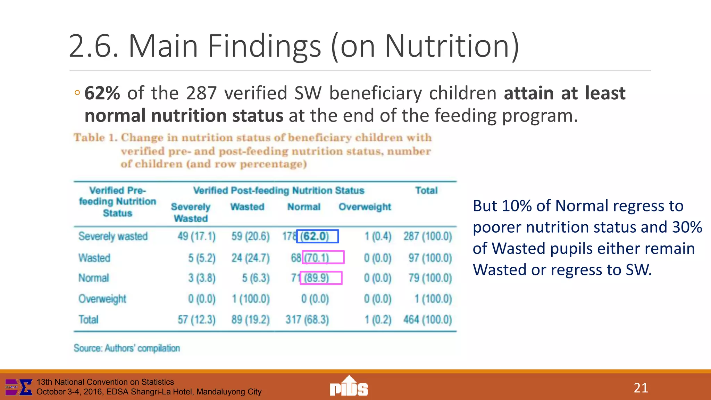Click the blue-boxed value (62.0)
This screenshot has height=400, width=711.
[x=317, y=236]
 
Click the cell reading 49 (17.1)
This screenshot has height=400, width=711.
[x=196, y=236]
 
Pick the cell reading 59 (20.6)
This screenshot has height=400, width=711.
[x=250, y=236]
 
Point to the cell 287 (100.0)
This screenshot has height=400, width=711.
[x=427, y=236]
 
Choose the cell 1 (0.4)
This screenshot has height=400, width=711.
[x=378, y=236]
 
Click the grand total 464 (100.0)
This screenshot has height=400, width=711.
[x=427, y=319]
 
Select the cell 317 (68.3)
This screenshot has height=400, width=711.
[x=307, y=319]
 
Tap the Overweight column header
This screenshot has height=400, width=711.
[x=365, y=207]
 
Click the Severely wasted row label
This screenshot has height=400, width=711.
[x=113, y=236]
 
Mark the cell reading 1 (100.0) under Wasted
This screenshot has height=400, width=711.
[x=250, y=299]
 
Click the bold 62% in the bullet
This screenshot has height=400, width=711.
[x=102, y=93]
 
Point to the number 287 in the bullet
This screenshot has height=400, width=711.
[x=201, y=93]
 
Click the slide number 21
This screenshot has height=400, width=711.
[x=641, y=388]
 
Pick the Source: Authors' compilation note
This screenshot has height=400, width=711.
[x=127, y=348]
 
